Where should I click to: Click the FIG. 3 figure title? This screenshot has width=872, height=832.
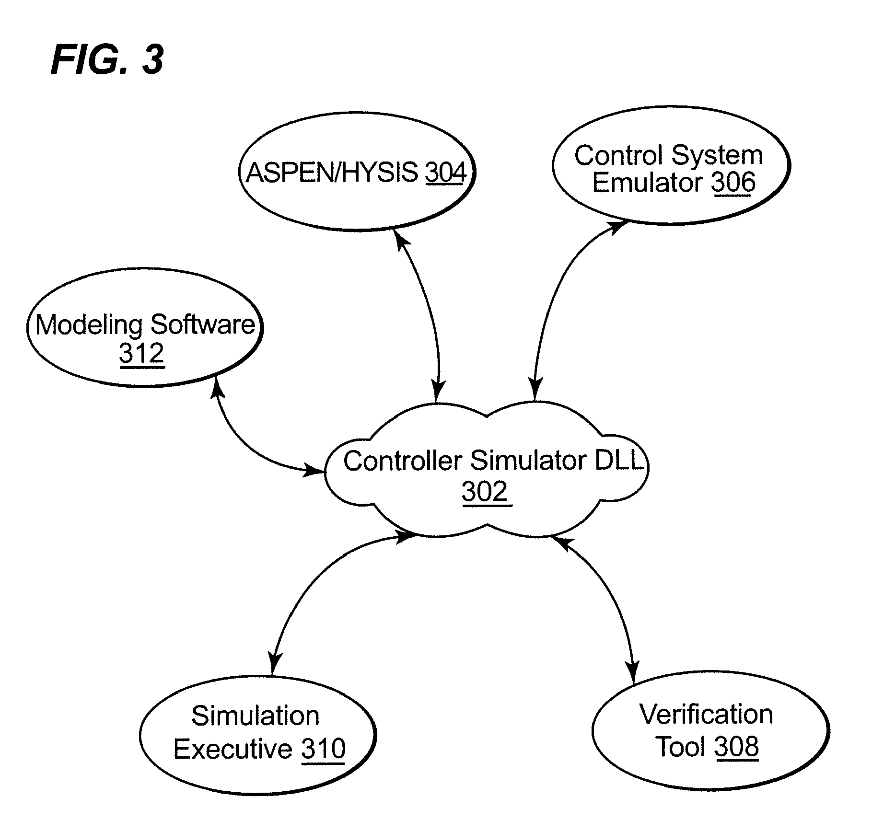[x=107, y=60]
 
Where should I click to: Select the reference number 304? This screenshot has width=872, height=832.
[x=445, y=173]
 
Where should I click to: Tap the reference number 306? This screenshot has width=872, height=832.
[x=733, y=183]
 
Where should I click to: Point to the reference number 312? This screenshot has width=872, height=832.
[x=141, y=354]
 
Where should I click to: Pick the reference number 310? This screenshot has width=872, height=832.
[x=323, y=749]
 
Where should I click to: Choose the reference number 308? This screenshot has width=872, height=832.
[x=736, y=747]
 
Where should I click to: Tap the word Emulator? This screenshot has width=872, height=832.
[x=647, y=183]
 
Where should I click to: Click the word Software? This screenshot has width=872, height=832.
[x=203, y=325]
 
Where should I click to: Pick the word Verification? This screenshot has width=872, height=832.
[x=706, y=715]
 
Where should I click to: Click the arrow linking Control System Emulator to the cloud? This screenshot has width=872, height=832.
[x=556, y=297]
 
